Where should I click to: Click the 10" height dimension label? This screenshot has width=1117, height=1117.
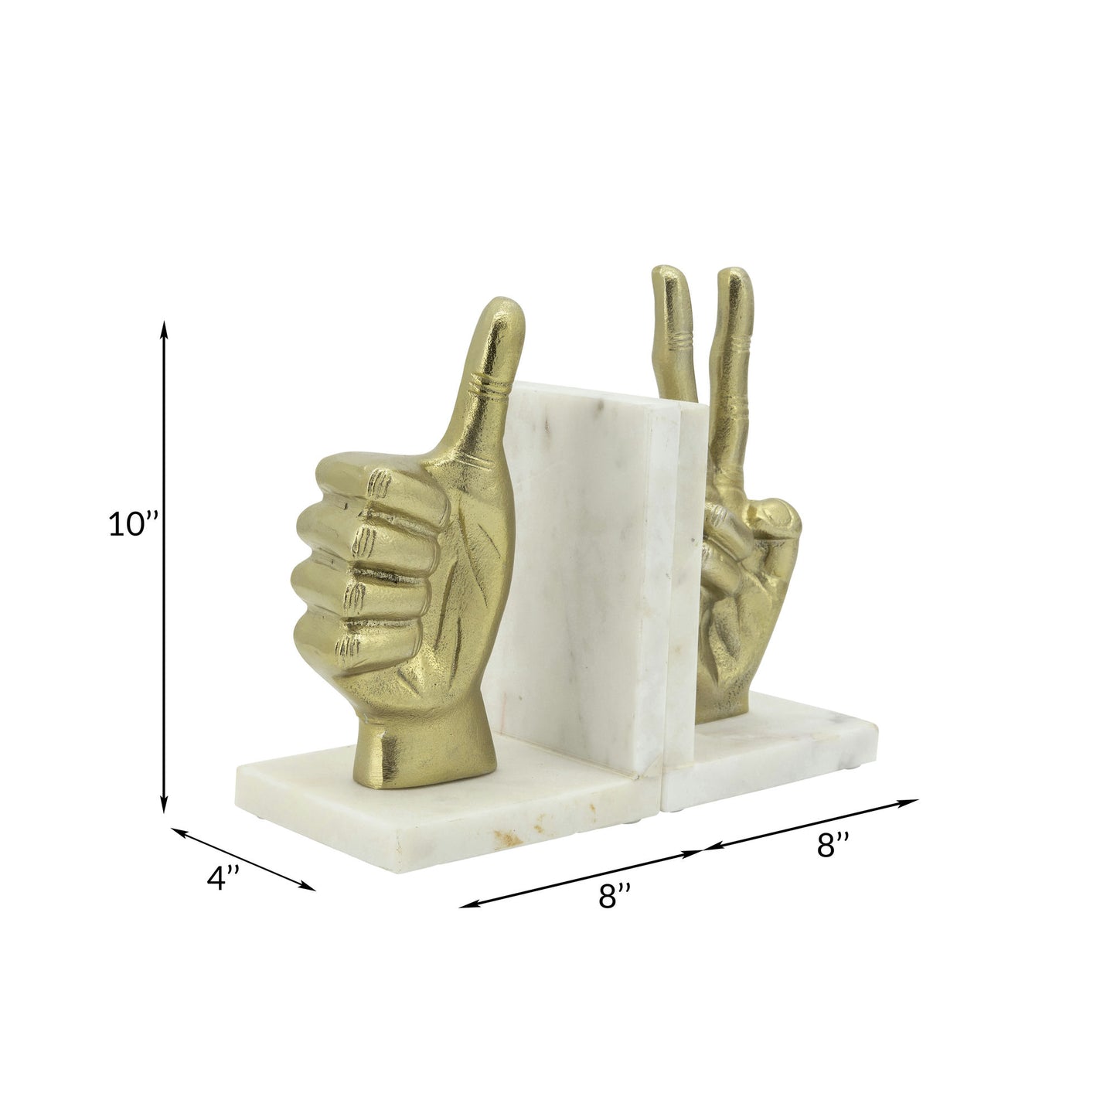coord(132,525)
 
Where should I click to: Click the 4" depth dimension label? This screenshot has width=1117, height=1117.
coord(225,879)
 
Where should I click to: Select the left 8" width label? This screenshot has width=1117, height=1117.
coord(615,897)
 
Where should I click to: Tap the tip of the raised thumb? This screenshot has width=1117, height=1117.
coord(507,309)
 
